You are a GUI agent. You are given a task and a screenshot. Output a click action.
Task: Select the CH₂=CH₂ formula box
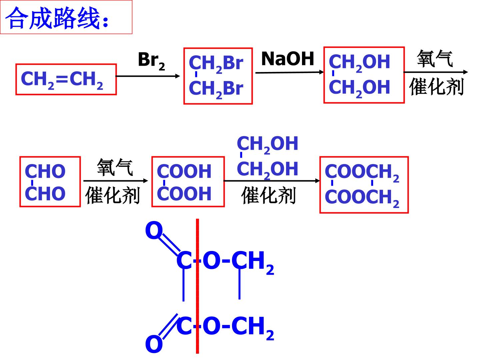[x=66, y=79]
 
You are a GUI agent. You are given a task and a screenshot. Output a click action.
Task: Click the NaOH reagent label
[x=288, y=59]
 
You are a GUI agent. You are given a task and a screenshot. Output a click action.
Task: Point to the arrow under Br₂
[x=148, y=76]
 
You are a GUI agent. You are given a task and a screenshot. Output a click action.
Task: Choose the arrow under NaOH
[x=289, y=72]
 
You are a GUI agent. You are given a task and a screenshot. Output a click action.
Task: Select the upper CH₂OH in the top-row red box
[x=359, y=63]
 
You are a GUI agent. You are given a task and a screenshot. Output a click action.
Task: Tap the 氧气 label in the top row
[x=435, y=58]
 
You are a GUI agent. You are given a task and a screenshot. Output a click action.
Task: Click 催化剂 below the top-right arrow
[x=436, y=87]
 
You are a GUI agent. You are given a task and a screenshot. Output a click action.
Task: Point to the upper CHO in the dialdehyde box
[x=45, y=171]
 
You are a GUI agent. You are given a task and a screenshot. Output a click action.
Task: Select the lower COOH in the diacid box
[x=184, y=194]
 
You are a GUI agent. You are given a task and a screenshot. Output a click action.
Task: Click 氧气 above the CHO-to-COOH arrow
[x=115, y=167]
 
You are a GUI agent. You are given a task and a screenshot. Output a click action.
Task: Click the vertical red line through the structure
[x=197, y=286]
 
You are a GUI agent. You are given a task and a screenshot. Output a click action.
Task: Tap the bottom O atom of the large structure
[x=154, y=344]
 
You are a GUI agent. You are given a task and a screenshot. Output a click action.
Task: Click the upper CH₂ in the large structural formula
[x=253, y=262]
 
